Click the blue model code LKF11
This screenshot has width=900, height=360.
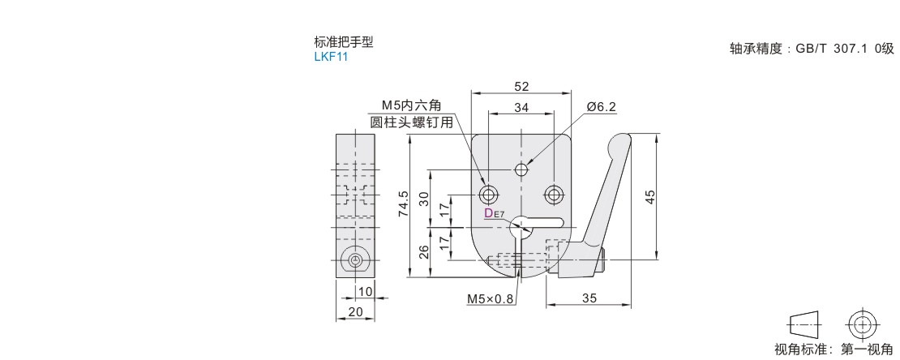click(x=331, y=57)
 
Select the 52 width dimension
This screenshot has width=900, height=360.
click(x=522, y=87)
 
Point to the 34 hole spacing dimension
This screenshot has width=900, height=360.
click(x=522, y=107)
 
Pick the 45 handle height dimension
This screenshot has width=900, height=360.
click(x=650, y=197)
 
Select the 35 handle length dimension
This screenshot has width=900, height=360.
click(x=589, y=298)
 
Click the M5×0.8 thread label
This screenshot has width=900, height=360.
click(x=491, y=298)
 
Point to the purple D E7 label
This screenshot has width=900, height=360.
click(x=493, y=214)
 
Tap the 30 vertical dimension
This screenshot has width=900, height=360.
click(x=423, y=199)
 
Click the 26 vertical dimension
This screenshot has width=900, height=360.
click(x=423, y=253)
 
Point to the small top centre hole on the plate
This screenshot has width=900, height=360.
click(x=522, y=169)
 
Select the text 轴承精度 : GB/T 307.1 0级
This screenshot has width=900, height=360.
click(x=811, y=48)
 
